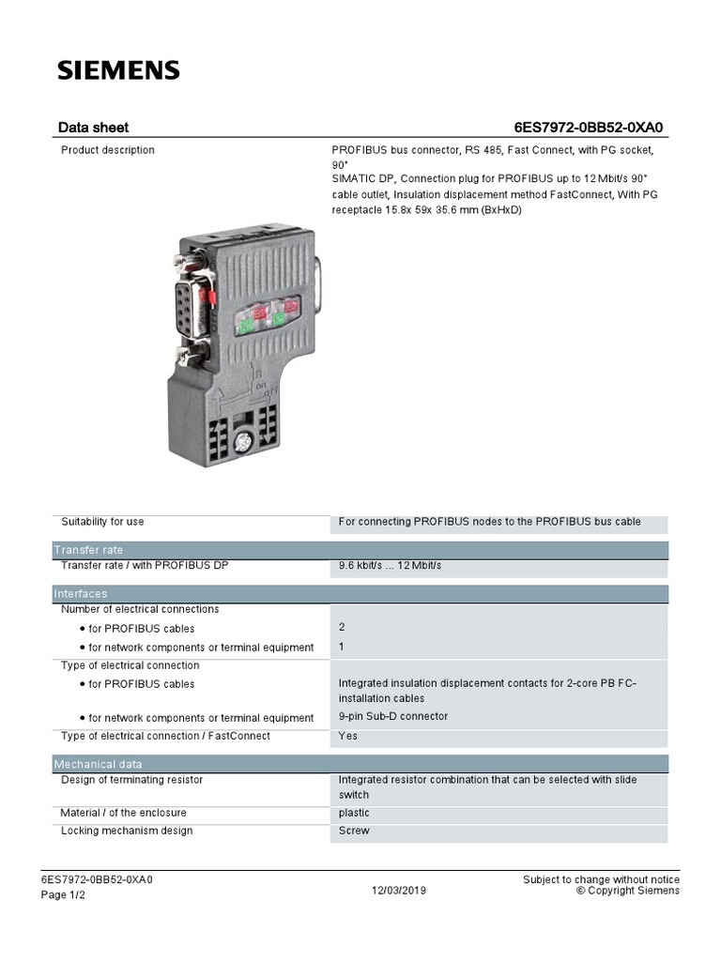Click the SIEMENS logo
click(118, 70)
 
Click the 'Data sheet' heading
click(93, 128)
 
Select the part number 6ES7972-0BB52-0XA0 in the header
click(593, 128)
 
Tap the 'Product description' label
click(108, 150)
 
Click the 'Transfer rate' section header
click(88, 550)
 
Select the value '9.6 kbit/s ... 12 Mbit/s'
click(390, 566)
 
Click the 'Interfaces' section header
click(81, 594)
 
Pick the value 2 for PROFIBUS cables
click(342, 626)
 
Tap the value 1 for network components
click(342, 647)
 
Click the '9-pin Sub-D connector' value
click(393, 716)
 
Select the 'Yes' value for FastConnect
click(347, 736)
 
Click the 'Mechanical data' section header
click(98, 765)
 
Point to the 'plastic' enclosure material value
click(354, 813)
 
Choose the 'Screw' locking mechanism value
click(354, 831)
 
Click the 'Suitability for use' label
click(102, 522)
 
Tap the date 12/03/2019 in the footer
click(399, 891)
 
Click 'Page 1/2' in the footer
click(64, 895)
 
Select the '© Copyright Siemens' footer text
click(627, 891)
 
